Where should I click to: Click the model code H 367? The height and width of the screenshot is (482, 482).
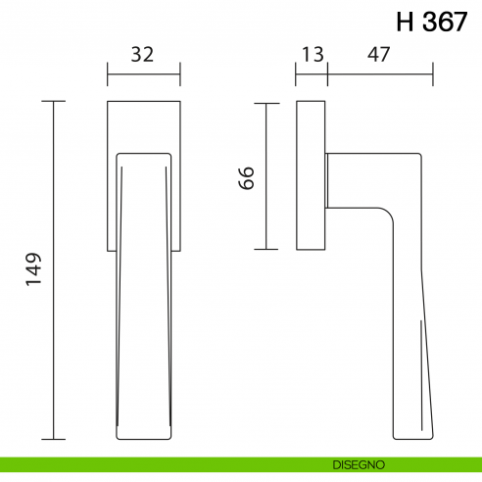click(432, 23)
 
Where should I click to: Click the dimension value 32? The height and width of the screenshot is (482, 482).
click(143, 56)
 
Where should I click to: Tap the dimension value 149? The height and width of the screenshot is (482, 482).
click(32, 271)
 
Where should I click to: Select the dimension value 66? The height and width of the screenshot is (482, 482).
click(247, 176)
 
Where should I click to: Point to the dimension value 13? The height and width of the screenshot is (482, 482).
click(313, 56)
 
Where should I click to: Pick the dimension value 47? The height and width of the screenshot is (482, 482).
click(379, 56)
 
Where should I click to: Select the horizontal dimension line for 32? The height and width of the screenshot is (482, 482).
click(143, 72)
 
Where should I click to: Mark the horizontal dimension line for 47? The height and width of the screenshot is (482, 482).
click(379, 72)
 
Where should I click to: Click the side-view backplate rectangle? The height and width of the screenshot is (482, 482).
click(312, 176)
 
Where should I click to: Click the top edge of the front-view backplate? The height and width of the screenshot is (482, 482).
click(143, 101)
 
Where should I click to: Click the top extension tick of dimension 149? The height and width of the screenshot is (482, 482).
click(54, 101)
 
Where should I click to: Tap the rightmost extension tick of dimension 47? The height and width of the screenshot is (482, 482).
click(432, 72)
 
